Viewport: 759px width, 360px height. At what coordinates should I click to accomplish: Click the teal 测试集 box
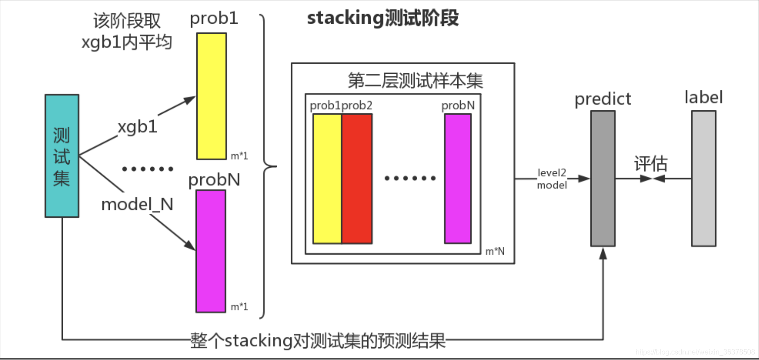62,156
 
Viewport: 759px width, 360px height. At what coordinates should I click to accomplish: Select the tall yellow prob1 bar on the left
211,96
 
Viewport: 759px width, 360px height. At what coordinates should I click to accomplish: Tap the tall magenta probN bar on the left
211,251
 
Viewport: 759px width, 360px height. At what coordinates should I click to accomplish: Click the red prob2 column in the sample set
357,179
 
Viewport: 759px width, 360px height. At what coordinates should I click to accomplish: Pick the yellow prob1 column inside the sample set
327,179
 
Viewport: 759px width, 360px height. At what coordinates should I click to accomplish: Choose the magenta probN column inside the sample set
458,179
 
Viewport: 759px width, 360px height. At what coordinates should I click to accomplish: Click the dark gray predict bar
603,178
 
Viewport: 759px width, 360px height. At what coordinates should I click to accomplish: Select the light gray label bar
704,178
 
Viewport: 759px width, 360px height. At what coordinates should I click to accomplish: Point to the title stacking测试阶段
383,18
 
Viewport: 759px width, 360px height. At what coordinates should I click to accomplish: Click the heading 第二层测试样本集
415,80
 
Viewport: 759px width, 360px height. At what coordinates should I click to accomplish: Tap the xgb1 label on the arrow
137,127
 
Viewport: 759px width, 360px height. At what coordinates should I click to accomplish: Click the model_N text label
137,205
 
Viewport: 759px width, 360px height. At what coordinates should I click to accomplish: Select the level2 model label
552,179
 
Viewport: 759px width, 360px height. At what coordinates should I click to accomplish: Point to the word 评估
651,164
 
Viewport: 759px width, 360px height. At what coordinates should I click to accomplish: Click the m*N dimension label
495,252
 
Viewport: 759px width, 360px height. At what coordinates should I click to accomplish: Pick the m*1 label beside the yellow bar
239,156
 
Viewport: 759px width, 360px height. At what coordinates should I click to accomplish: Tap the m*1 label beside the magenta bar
239,307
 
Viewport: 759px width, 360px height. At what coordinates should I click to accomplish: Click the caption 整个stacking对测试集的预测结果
318,341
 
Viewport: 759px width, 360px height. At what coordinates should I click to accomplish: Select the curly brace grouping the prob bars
266,166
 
